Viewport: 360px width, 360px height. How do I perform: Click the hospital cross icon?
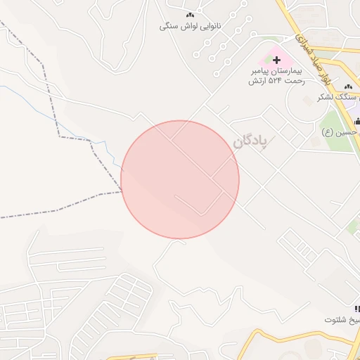(x=276, y=60)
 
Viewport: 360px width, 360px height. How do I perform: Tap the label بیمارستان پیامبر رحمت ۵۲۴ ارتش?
(x=276, y=76)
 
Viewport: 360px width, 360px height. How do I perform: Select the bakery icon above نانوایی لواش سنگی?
(x=189, y=15)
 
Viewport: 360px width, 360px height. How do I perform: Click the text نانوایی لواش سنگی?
(x=190, y=26)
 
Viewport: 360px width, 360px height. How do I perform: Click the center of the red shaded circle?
(x=180, y=179)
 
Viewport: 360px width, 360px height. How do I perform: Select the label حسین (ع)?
(x=340, y=131)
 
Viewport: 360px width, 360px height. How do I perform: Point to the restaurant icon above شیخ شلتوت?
(x=356, y=309)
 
